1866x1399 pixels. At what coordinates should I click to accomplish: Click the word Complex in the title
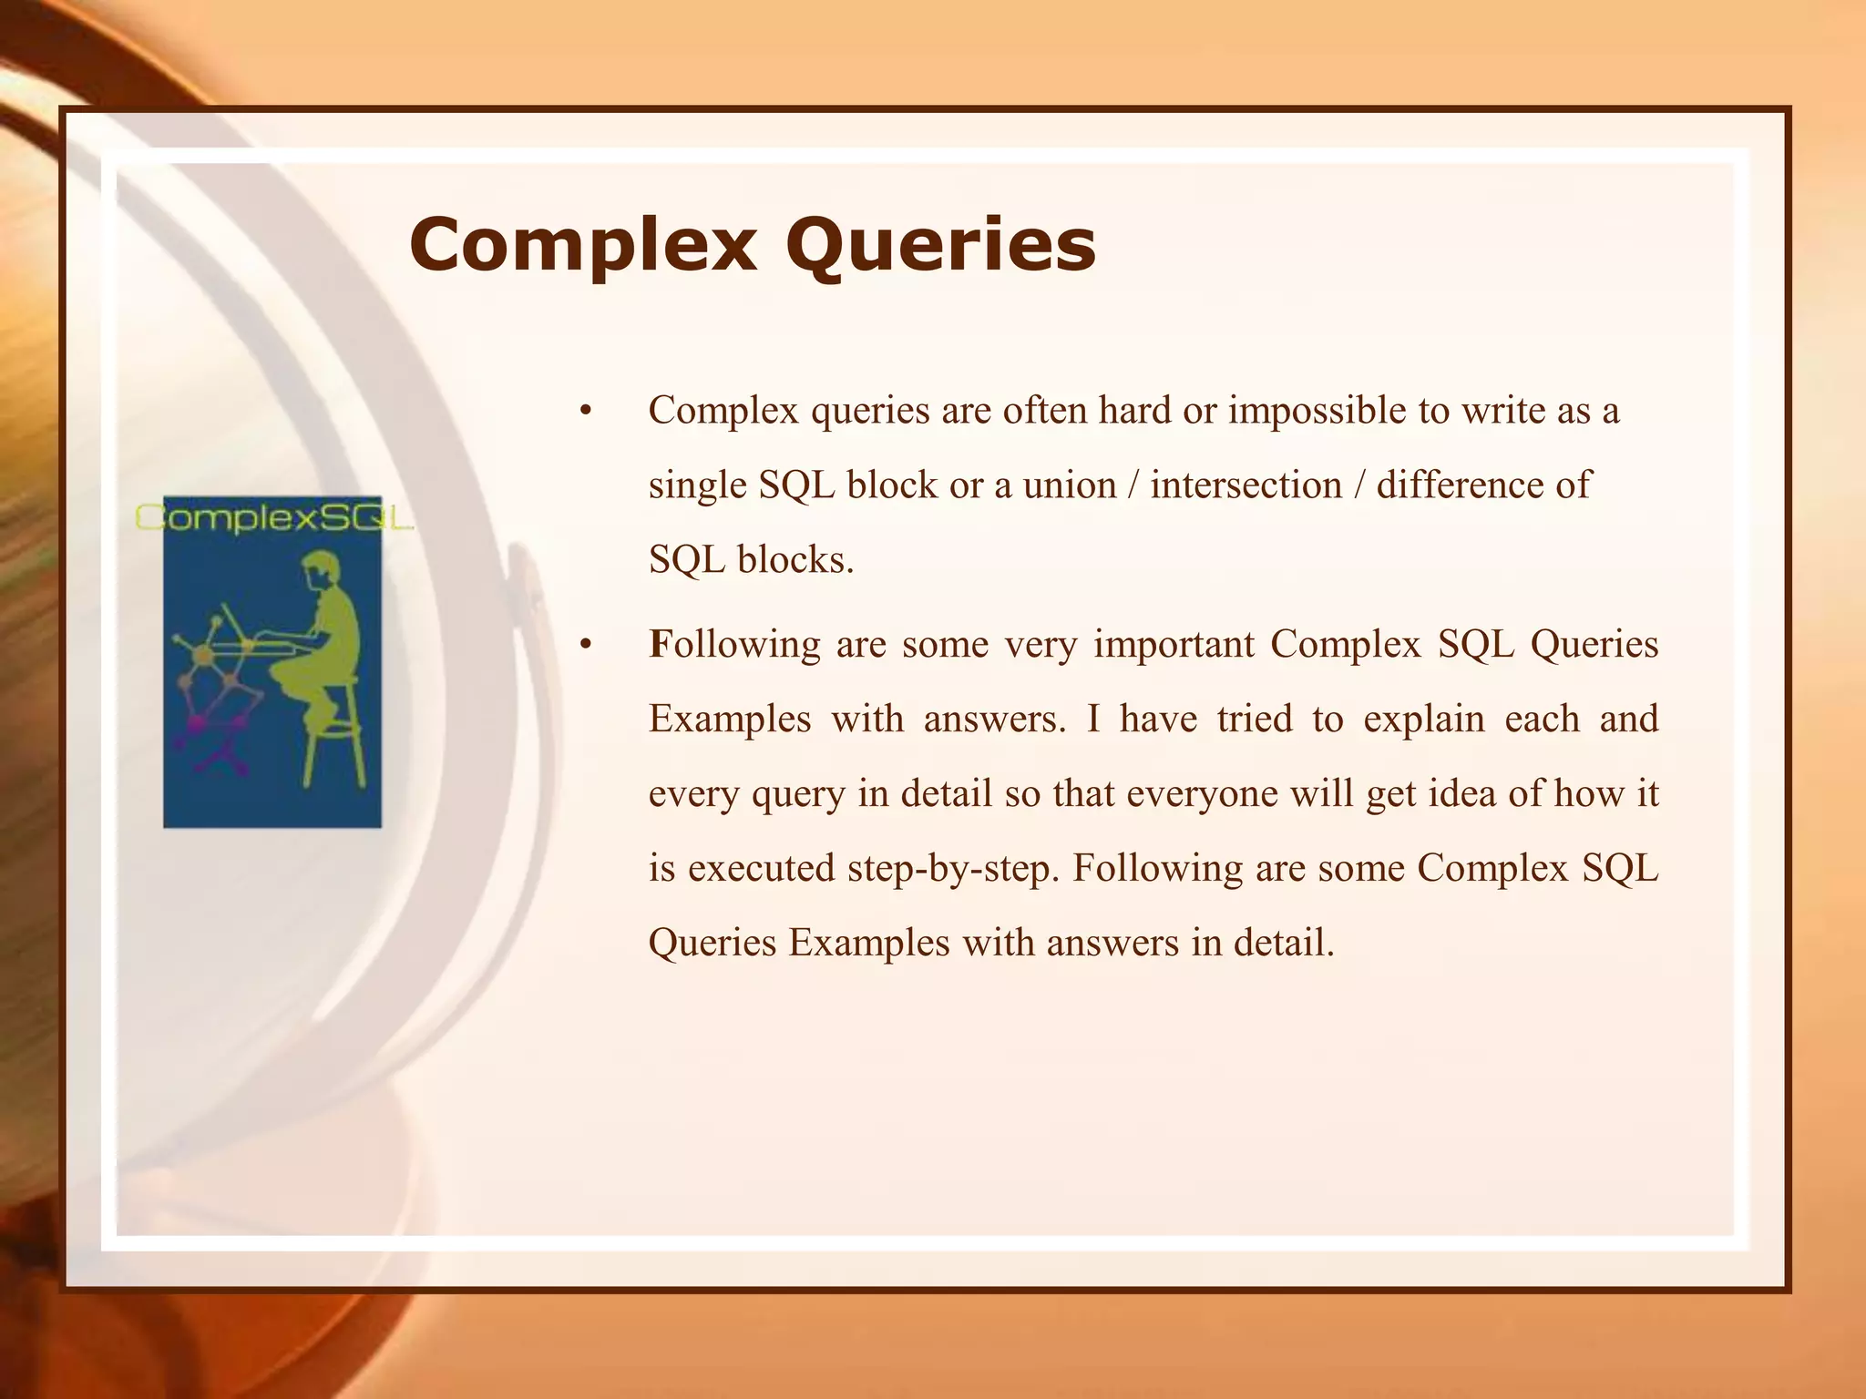[x=583, y=246]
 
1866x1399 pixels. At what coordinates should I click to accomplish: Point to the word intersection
[x=1246, y=485]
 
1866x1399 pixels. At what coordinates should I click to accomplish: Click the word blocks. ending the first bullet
[x=795, y=560]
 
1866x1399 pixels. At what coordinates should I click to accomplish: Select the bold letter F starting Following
[x=659, y=645]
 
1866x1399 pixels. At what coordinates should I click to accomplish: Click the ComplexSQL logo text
[x=273, y=517]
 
